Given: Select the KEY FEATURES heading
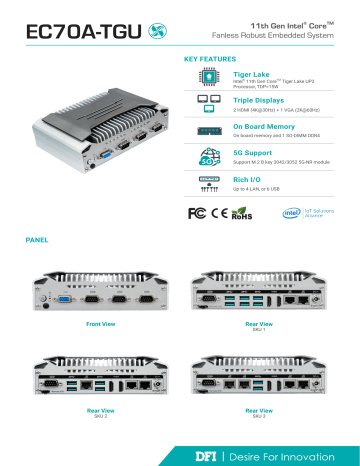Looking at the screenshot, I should click(210, 60).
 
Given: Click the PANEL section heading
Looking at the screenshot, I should click(38, 241).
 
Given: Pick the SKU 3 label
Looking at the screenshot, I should click(258, 415).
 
